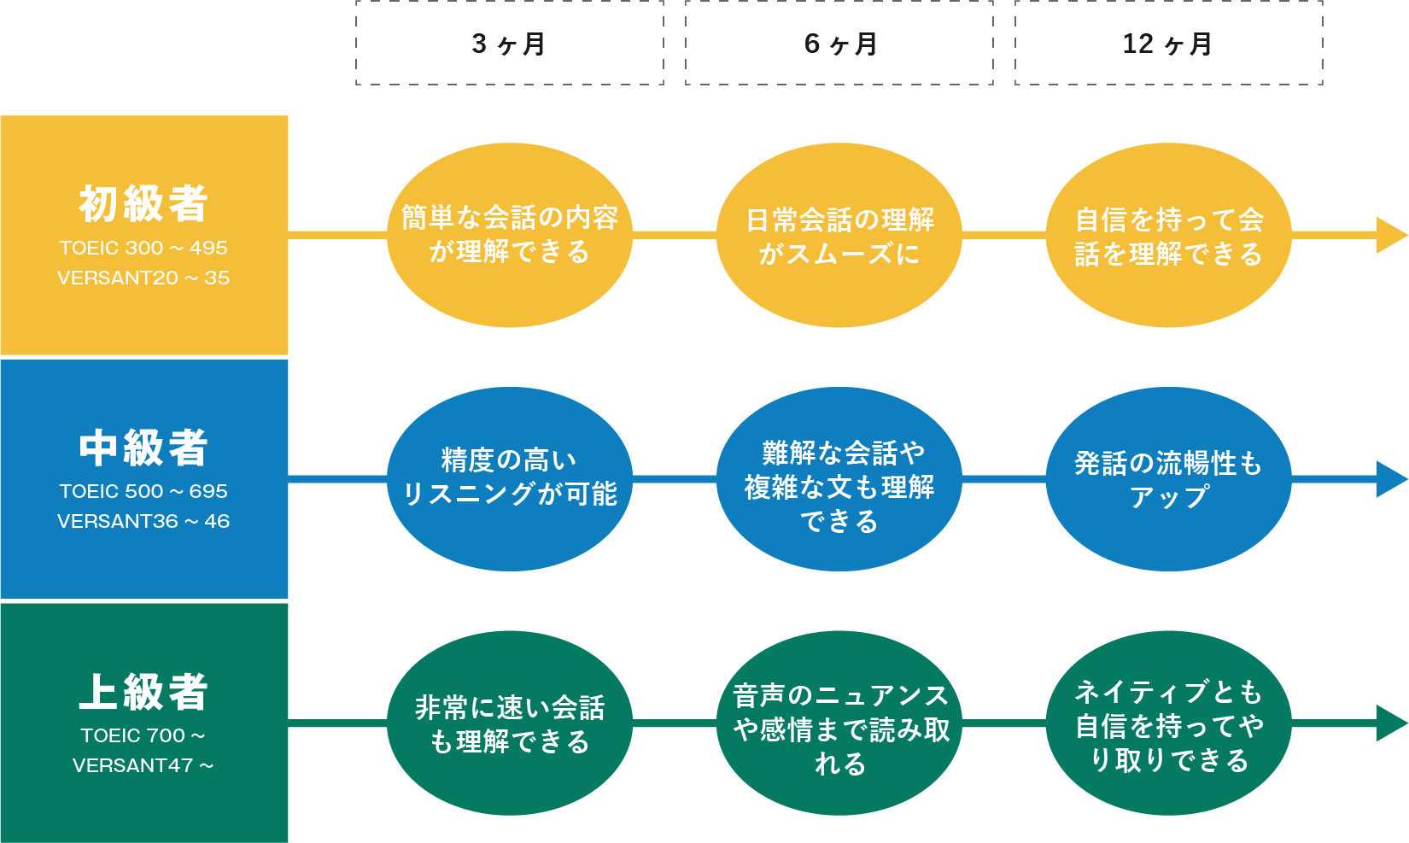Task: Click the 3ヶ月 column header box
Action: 509,44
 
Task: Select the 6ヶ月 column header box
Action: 839,44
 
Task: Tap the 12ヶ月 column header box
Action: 1168,44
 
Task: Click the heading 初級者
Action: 143,204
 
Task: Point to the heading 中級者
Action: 143,448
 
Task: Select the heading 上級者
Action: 143,692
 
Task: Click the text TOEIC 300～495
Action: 143,248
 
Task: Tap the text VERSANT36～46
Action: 143,521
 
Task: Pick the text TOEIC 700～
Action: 143,735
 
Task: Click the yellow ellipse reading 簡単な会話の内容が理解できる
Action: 509,235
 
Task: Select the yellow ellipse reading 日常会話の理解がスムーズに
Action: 839,235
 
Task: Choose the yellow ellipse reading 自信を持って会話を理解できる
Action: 1168,235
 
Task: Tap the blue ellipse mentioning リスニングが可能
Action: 509,478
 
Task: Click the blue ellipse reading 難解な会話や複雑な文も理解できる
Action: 839,478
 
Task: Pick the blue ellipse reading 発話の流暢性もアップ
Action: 1168,478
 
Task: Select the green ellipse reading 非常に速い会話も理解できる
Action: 509,723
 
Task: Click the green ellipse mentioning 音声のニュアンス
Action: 839,723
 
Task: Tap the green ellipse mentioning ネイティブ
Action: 1168,723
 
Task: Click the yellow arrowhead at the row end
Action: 1390,235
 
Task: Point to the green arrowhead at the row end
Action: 1390,723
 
